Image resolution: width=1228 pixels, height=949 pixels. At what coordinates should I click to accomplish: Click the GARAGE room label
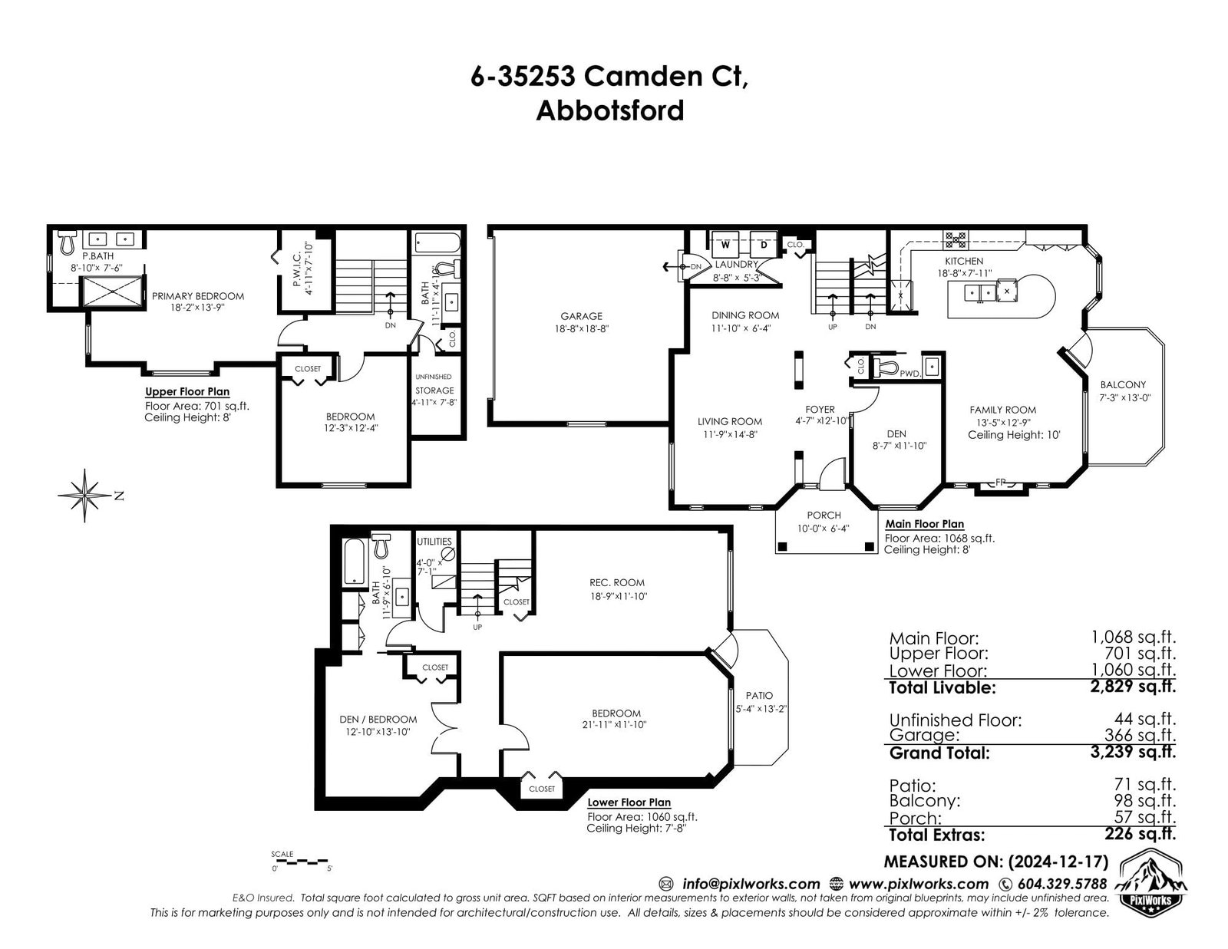click(x=581, y=316)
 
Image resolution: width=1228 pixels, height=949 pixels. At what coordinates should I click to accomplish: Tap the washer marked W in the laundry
click(x=725, y=245)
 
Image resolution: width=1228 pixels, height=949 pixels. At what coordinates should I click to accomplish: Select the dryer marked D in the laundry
click(x=764, y=245)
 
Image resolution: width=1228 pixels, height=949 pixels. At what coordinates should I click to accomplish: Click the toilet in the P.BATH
click(x=68, y=242)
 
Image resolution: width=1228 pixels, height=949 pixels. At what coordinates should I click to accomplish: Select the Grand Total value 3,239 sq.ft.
click(x=1141, y=752)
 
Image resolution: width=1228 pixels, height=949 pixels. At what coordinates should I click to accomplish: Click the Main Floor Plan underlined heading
click(x=925, y=524)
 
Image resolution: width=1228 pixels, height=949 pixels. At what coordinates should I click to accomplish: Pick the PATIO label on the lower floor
click(x=759, y=695)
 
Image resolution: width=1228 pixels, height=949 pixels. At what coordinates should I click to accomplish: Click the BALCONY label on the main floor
click(x=1123, y=384)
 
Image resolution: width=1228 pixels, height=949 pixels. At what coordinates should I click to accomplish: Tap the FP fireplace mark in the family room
click(x=1001, y=483)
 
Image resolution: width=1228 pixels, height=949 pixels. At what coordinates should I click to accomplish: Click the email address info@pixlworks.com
click(x=751, y=884)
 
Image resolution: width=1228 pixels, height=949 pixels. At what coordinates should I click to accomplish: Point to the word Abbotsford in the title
click(x=609, y=110)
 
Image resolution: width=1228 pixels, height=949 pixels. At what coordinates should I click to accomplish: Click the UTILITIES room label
click(x=434, y=541)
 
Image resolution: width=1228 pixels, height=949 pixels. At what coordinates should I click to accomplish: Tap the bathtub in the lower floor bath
click(x=355, y=562)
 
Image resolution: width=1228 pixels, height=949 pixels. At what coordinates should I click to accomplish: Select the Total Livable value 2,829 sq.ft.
click(x=1141, y=687)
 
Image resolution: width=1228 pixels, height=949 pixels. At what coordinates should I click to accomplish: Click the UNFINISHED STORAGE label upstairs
click(x=434, y=384)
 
